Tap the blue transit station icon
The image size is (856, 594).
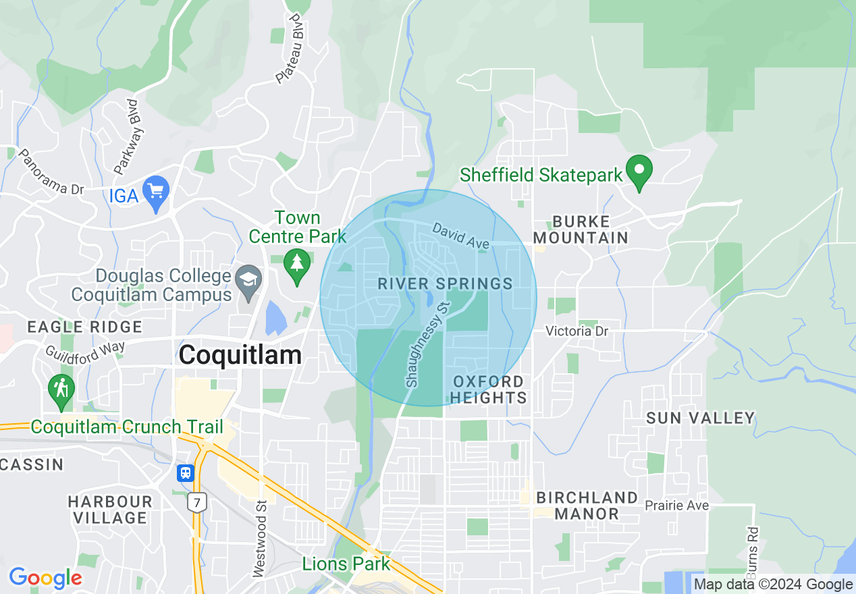(x=186, y=473)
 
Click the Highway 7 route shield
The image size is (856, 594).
(x=197, y=502)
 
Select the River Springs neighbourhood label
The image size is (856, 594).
(x=445, y=283)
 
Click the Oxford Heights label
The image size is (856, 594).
(x=488, y=389)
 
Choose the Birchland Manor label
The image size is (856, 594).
(x=587, y=506)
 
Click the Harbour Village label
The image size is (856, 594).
(x=110, y=510)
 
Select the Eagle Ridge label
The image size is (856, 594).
(x=84, y=327)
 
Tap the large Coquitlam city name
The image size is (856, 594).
(x=240, y=355)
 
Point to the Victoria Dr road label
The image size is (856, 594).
(x=577, y=331)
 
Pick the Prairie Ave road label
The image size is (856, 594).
(x=676, y=506)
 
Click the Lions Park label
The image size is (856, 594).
(x=346, y=564)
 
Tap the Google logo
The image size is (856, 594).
(x=45, y=578)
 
